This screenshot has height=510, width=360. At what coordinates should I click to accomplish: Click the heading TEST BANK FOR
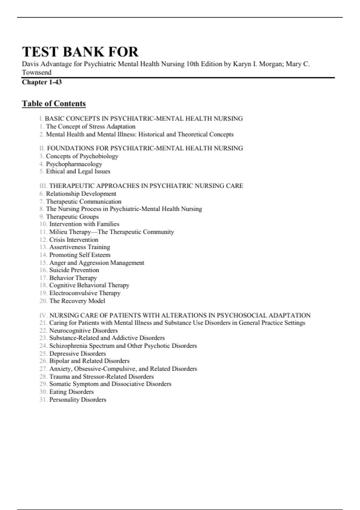click(80, 52)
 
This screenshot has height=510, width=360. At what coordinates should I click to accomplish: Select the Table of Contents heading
click(54, 103)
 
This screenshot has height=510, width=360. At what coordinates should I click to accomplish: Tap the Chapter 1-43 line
click(42, 82)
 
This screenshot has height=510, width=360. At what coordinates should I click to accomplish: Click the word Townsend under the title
click(37, 72)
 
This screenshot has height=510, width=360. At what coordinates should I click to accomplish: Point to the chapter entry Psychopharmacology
click(74, 164)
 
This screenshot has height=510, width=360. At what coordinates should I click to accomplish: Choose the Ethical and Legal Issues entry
click(78, 171)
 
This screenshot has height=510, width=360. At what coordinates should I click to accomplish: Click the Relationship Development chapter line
click(81, 194)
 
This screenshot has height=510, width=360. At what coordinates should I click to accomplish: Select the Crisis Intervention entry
click(73, 240)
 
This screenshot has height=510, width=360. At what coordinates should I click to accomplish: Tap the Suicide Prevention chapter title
click(74, 270)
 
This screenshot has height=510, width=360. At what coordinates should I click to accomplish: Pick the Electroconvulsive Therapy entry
click(85, 293)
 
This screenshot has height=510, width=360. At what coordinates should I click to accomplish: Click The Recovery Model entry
click(77, 301)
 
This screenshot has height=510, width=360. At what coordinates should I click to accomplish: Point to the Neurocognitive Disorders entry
click(83, 331)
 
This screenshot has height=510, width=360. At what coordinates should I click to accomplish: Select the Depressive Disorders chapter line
click(77, 353)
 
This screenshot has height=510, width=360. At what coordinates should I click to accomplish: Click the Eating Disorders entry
click(71, 392)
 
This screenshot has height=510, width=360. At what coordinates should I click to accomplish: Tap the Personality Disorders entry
click(78, 400)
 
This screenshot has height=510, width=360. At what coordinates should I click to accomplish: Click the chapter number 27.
click(43, 369)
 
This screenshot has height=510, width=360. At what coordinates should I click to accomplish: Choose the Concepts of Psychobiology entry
click(82, 156)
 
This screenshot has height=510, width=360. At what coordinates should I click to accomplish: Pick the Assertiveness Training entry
click(79, 247)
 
